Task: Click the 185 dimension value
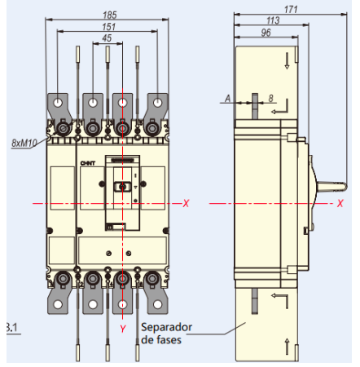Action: (111, 14)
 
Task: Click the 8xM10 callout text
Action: (25, 143)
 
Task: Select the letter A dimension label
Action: (226, 99)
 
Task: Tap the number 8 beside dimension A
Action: (270, 99)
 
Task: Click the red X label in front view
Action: (186, 203)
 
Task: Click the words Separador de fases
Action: (166, 333)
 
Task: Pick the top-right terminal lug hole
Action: (154, 104)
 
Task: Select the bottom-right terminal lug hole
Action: (154, 306)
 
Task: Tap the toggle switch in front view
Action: (123, 187)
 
